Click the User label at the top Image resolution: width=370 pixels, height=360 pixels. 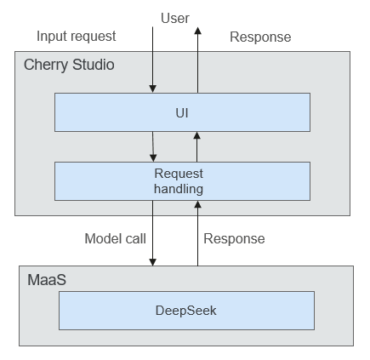[175, 18]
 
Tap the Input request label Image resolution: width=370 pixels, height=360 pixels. [77, 37]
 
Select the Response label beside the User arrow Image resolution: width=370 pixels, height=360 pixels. [260, 37]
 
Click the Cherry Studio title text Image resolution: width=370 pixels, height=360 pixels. [69, 65]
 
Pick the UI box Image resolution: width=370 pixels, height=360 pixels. [182, 112]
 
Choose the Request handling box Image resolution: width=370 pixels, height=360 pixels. [182, 181]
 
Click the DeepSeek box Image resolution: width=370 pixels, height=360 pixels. [186, 311]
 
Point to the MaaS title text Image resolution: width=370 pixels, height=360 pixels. [47, 280]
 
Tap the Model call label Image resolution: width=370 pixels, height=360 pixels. [116, 238]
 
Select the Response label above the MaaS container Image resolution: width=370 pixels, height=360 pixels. [234, 239]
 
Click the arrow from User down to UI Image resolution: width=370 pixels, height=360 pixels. [152, 60]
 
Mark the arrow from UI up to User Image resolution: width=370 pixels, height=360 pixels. [197, 60]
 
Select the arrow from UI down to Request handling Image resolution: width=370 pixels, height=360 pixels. [153, 146]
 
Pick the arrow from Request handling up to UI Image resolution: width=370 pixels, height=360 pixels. [197, 146]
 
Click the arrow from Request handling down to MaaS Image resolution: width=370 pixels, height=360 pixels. [152, 233]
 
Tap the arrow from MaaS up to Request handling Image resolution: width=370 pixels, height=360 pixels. [197, 233]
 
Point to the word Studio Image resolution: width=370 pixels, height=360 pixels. [94, 65]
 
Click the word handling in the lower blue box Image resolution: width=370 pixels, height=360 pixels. [179, 189]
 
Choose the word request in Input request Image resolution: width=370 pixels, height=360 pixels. [92, 37]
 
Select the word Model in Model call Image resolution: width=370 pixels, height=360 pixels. [101, 238]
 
